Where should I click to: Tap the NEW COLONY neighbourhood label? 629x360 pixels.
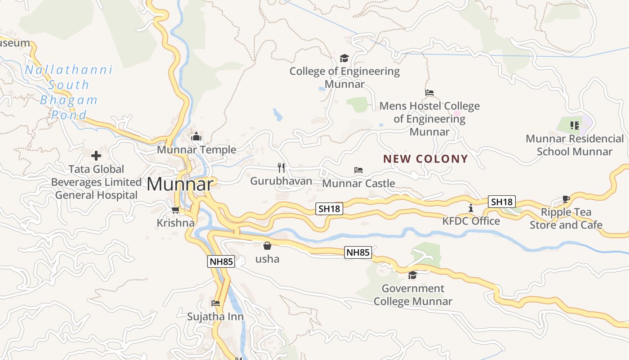tap(425, 159)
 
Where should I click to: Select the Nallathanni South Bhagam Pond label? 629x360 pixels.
tap(69, 92)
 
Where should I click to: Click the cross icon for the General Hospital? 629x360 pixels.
tap(96, 156)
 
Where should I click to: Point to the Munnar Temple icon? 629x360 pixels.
tap(196, 137)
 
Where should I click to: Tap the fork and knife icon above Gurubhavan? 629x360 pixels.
tap(281, 168)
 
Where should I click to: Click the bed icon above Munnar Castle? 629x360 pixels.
tap(359, 170)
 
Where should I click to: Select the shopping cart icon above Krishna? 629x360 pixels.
tap(176, 210)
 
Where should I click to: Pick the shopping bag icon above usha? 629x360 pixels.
tap(267, 246)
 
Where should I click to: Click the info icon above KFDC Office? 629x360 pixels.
tap(471, 208)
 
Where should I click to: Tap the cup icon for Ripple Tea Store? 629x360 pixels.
tap(566, 199)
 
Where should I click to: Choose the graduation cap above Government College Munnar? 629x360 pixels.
tap(412, 275)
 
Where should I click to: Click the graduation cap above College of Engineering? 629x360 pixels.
tap(344, 58)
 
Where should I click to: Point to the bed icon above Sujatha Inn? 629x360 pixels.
tap(216, 303)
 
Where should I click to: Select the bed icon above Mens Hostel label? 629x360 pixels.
tap(430, 93)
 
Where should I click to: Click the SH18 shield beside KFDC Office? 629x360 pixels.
tap(502, 202)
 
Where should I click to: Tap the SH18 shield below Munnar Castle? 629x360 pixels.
tap(329, 209)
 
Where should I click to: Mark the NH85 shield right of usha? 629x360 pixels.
tap(358, 252)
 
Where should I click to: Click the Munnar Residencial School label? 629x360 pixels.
tap(575, 145)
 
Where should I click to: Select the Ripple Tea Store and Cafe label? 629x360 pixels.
tap(566, 218)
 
